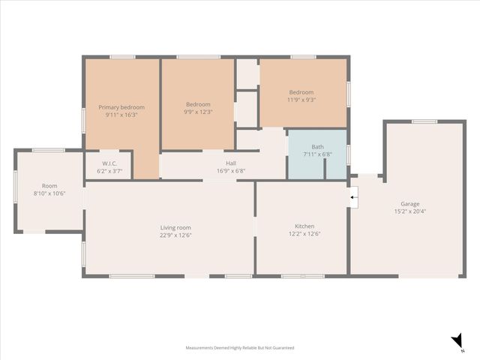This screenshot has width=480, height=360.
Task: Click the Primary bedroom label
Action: click(121, 107)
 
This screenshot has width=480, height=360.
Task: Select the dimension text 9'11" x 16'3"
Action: click(121, 115)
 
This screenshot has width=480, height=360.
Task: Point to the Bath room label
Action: click(317, 147)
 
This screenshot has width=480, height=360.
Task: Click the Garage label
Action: click(409, 203)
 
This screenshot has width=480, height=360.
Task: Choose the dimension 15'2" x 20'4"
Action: click(409, 211)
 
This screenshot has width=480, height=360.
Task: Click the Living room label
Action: click(175, 227)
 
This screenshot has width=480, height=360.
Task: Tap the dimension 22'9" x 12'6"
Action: click(175, 235)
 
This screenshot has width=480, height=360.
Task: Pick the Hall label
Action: click(231, 163)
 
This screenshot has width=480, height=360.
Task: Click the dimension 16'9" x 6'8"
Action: click(231, 171)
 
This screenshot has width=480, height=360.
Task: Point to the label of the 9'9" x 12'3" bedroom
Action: click(198, 104)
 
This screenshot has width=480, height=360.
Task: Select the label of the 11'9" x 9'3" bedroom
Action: click(301, 91)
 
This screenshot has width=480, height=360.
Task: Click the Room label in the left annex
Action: click(49, 185)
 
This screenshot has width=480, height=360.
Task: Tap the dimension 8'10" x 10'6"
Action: click(49, 193)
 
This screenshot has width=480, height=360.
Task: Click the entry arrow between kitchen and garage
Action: click(355, 198)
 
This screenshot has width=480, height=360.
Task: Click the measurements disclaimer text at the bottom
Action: click(240, 348)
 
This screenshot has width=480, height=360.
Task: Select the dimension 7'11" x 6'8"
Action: click(317, 155)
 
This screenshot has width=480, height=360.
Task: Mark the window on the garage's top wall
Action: click(424, 121)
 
